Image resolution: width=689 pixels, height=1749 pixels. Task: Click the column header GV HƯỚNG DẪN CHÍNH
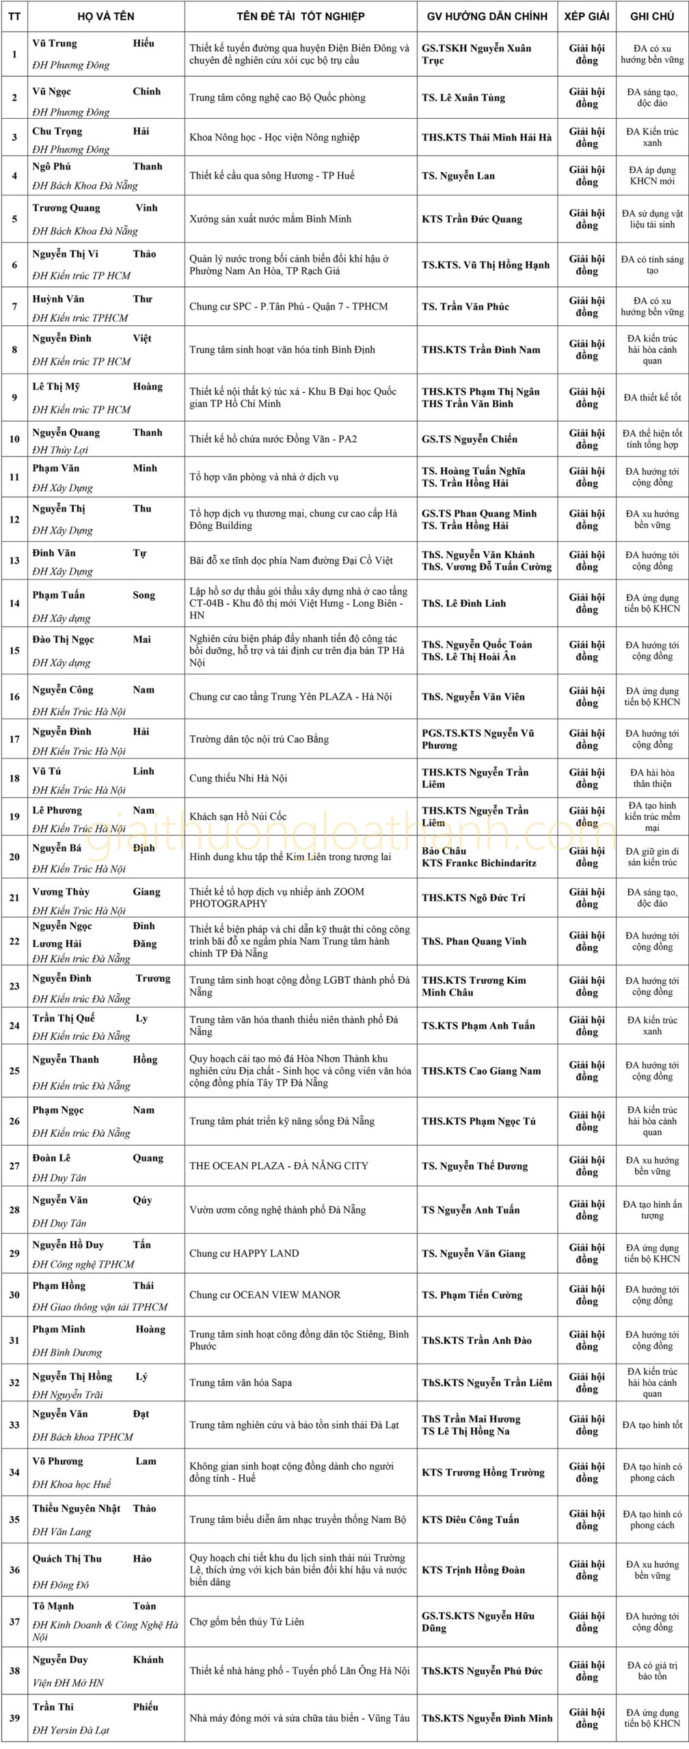pos(487,16)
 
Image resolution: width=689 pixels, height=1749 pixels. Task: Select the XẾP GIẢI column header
pos(586,16)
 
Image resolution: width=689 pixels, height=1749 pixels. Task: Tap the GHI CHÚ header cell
pos(652,16)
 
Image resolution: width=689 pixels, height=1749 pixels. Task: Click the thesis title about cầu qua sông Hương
pos(272,176)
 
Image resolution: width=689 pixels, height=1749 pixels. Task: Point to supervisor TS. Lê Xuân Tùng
pos(463,98)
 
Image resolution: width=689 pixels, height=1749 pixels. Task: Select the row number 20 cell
pos(14,857)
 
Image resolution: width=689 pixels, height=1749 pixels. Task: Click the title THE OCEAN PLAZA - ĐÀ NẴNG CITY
pos(279,1166)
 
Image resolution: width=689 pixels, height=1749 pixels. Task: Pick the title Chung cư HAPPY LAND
pos(244,1253)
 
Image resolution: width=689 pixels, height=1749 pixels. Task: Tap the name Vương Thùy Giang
pos(96,892)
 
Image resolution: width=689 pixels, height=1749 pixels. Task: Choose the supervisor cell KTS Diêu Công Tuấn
pos(470,1519)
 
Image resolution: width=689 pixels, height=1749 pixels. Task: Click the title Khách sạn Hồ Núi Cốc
pos(238,816)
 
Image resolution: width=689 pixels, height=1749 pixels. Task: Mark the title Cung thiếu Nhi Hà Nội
pos(238,778)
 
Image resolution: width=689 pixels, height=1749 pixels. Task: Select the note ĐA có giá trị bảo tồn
pos(652,1670)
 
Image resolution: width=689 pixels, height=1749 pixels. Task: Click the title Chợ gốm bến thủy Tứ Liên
pos(247,1621)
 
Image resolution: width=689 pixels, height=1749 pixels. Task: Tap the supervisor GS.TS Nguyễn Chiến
pos(470,439)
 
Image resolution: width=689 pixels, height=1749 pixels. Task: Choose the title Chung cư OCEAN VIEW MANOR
pos(265,1295)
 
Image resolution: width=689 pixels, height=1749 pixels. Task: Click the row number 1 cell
pos(14,54)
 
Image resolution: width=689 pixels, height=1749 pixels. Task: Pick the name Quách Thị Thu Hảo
pos(92,1558)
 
